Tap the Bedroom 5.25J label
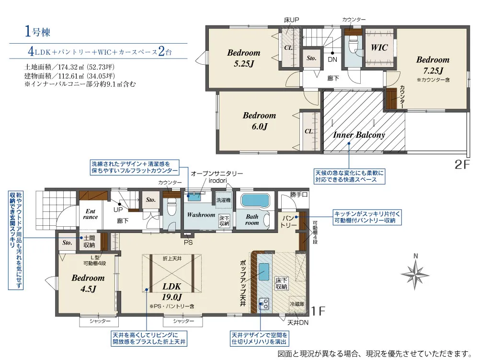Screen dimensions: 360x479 click(243, 58)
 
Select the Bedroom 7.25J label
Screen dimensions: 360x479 click(433, 65)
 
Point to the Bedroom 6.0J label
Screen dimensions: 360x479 click(259, 121)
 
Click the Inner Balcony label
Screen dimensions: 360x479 click(359, 135)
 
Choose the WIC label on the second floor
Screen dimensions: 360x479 click(379, 48)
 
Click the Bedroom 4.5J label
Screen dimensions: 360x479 click(88, 283)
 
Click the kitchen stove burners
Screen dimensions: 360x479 click(264, 303)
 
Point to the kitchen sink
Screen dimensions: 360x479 click(264, 273)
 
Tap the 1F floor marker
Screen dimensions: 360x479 click(319, 311)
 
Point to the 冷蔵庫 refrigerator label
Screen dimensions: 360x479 click(297, 304)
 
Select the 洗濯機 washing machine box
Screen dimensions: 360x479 click(224, 200)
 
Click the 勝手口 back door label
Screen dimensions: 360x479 click(298, 195)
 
